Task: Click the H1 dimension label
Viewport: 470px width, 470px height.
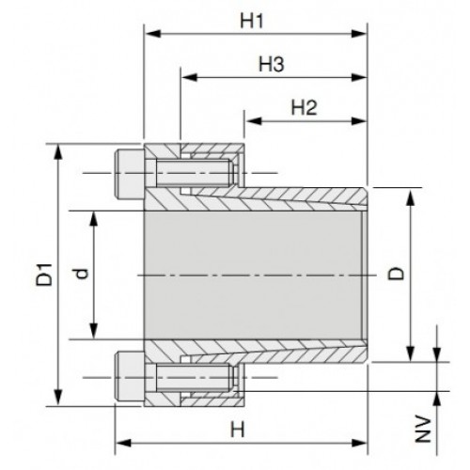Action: coord(252,22)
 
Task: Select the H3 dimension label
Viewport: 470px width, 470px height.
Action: coord(272,65)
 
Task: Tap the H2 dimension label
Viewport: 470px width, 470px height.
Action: coord(305,107)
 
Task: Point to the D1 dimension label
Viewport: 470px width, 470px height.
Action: coord(44,274)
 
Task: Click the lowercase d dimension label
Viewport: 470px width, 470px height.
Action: coord(82,274)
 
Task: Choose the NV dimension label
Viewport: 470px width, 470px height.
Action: coord(423,430)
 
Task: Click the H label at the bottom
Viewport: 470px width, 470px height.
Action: coord(237,430)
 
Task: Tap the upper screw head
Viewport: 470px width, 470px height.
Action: coord(130,173)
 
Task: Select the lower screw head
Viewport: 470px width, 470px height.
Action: coord(130,377)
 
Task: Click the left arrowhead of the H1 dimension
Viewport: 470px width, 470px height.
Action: coord(153,34)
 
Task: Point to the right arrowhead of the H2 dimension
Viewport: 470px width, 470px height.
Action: coord(359,121)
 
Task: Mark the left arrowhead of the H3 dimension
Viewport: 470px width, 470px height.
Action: coord(189,77)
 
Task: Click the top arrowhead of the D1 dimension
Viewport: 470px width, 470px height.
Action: coord(58,152)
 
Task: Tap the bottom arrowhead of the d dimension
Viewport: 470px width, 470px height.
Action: coord(93,332)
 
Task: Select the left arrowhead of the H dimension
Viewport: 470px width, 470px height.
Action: coord(123,443)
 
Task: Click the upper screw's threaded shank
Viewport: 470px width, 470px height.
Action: coord(195,173)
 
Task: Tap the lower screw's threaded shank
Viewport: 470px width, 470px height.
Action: coord(195,377)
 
